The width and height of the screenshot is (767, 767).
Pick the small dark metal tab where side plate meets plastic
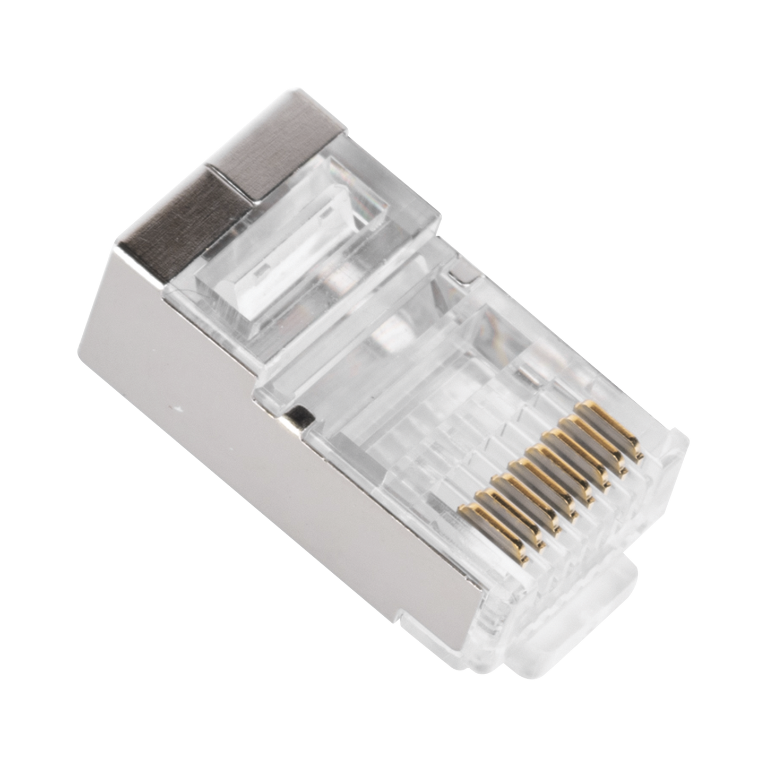click(297, 414)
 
